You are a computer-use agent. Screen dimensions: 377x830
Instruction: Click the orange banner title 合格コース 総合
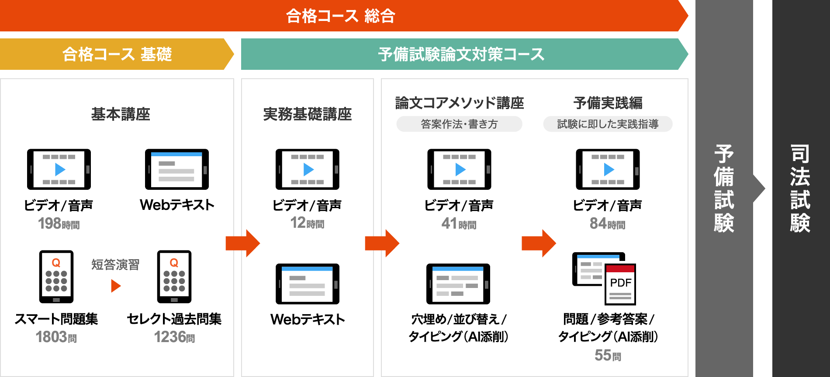[x=340, y=16]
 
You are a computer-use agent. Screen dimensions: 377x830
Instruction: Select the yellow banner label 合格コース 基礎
[x=117, y=55]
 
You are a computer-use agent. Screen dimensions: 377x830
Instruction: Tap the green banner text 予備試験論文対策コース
[x=461, y=55]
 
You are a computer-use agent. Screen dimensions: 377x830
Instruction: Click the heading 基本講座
[x=121, y=114]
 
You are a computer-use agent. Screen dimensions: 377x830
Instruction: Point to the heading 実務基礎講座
[x=307, y=114]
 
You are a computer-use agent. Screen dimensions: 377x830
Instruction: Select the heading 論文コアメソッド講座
[x=459, y=103]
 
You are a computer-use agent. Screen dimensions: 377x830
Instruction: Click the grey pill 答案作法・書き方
[x=459, y=124]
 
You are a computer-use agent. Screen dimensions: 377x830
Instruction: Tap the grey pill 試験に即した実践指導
[x=608, y=124]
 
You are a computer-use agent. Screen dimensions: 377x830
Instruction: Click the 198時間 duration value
[x=59, y=224]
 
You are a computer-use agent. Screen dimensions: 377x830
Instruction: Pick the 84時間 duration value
[x=607, y=224]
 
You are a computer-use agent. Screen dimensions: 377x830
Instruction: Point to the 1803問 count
[x=56, y=337]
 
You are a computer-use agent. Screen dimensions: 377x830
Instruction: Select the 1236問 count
[x=174, y=337]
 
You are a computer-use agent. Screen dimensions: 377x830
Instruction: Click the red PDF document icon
[x=620, y=284]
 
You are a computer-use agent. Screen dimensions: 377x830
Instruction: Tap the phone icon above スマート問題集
[x=56, y=277]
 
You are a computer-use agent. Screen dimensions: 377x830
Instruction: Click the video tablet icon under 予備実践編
[x=608, y=169]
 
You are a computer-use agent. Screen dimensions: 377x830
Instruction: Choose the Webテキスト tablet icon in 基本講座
[x=177, y=169]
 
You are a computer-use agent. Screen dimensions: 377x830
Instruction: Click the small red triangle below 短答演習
[x=115, y=286]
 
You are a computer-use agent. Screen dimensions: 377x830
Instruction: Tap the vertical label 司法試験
[x=800, y=188]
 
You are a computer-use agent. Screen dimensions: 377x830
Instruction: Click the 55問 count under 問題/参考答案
[x=607, y=356]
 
